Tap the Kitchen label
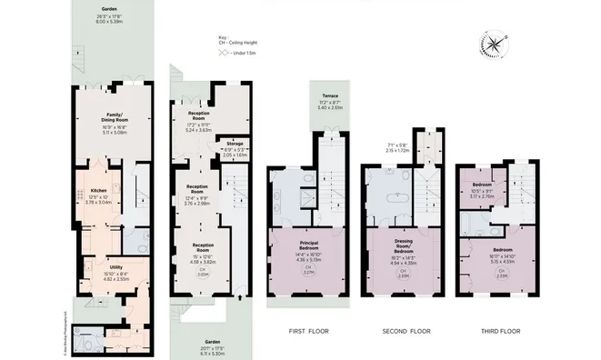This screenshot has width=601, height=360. point(98,190)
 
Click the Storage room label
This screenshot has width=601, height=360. point(235,143)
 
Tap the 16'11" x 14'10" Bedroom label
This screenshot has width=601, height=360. point(503,255)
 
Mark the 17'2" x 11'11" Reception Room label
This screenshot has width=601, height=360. point(198,118)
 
